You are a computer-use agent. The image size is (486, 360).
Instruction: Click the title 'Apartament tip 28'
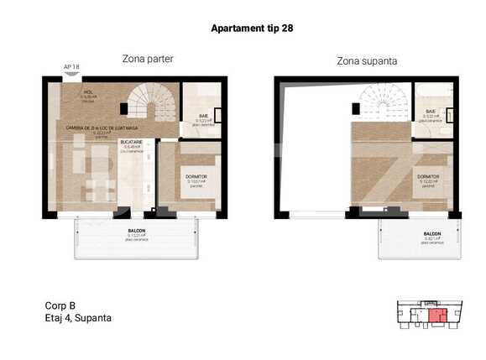pyautogui.click(x=251, y=28)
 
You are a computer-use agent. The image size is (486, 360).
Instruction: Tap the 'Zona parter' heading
pyautogui.click(x=147, y=59)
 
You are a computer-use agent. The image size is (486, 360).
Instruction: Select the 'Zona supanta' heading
pyautogui.click(x=367, y=61)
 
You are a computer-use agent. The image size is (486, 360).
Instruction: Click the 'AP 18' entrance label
pyautogui.click(x=71, y=67)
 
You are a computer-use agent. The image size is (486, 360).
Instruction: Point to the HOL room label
pyautogui.click(x=87, y=93)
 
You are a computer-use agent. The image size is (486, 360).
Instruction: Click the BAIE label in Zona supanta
pyautogui.click(x=430, y=111)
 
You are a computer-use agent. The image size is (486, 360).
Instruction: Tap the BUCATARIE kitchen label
pyautogui.click(x=133, y=142)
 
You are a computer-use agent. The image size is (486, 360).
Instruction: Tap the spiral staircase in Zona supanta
pyautogui.click(x=384, y=102)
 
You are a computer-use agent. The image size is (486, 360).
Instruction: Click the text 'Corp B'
pyautogui.click(x=60, y=305)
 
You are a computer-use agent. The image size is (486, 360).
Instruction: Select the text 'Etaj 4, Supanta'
pyautogui.click(x=77, y=318)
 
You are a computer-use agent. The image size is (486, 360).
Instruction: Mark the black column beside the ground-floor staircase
pyautogui.click(x=123, y=107)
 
